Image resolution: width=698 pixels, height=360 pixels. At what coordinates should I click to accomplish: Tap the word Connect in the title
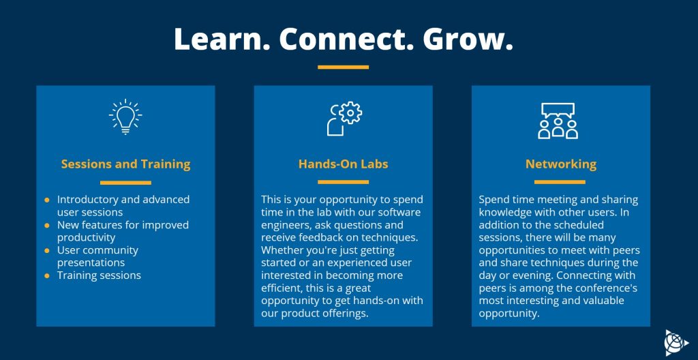coord(346,39)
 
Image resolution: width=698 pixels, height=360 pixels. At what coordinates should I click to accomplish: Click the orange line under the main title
coord(344,67)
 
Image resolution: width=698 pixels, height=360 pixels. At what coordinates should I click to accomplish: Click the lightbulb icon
coord(125,117)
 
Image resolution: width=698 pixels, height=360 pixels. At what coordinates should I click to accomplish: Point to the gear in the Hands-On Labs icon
coord(350,112)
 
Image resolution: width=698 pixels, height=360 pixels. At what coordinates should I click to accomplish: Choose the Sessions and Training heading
coord(125,164)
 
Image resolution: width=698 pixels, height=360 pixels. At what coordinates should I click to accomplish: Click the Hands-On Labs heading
coord(344,164)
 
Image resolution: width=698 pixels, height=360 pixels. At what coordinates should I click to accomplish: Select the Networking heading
coord(561,164)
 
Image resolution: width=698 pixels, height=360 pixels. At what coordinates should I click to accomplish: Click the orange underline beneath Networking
coord(560,182)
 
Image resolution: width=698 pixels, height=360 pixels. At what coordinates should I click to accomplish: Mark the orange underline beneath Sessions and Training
coord(125,182)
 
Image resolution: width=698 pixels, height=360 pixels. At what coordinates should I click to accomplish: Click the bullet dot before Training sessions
coord(47,275)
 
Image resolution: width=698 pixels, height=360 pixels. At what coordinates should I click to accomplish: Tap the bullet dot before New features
coord(47,226)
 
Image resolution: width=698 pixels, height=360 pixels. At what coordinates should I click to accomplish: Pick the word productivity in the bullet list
coord(86,237)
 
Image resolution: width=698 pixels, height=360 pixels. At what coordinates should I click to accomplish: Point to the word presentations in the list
coord(91,263)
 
